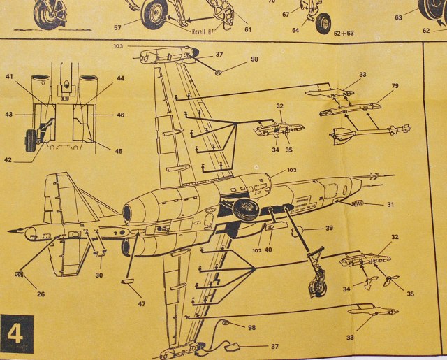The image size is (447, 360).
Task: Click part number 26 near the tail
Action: (x=41, y=294)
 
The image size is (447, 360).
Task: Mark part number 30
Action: (x=99, y=275)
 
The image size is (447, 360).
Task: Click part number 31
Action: (x=390, y=204)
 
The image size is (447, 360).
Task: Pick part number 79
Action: (x=395, y=86)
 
